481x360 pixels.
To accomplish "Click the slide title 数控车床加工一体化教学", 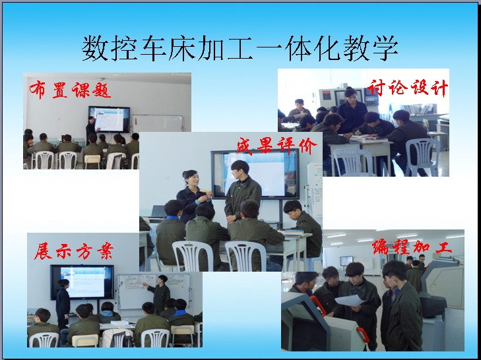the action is tap(240, 48).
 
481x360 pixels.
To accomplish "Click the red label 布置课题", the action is tap(70, 90).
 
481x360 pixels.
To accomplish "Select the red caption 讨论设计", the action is tap(407, 88).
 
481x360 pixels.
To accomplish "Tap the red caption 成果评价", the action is tap(276, 146).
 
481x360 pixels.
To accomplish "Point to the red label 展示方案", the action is tap(74, 251).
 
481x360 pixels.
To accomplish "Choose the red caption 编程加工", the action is tap(412, 247).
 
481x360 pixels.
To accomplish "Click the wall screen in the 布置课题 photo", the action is tap(110, 119).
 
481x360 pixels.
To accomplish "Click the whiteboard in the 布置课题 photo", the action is tap(157, 123).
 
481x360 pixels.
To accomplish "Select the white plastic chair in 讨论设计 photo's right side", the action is tap(423, 157).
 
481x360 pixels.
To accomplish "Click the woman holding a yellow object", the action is tap(193, 194).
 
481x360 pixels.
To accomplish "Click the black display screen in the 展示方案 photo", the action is tap(82, 282).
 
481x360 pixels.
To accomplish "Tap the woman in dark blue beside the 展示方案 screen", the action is tap(63, 302).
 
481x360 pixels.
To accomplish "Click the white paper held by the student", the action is tap(350, 300).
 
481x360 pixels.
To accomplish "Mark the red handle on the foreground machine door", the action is tap(317, 305).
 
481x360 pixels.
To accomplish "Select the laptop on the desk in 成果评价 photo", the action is tap(158, 212).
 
